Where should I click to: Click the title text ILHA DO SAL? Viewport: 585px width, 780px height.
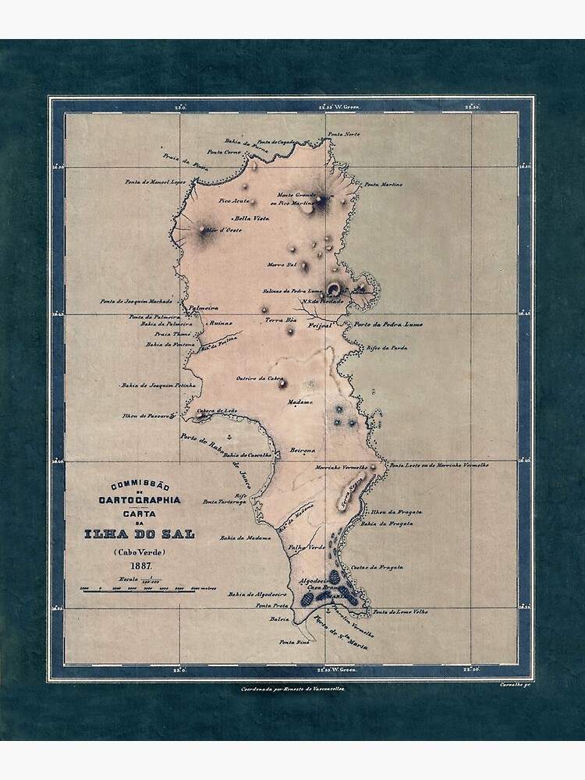(x=140, y=534)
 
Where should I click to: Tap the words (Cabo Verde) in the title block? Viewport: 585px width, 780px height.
(x=140, y=552)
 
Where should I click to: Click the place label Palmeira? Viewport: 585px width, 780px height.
(x=204, y=307)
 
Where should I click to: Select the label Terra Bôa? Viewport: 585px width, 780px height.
(x=281, y=320)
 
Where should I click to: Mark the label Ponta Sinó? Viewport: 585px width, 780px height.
(x=294, y=641)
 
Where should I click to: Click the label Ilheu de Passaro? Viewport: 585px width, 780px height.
(x=145, y=416)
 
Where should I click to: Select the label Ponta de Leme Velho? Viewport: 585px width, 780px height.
(x=400, y=612)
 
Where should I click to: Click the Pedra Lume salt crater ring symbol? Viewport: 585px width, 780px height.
(x=333, y=289)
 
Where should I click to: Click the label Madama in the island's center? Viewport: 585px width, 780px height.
(x=300, y=402)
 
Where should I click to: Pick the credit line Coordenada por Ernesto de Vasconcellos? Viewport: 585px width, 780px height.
(x=294, y=689)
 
